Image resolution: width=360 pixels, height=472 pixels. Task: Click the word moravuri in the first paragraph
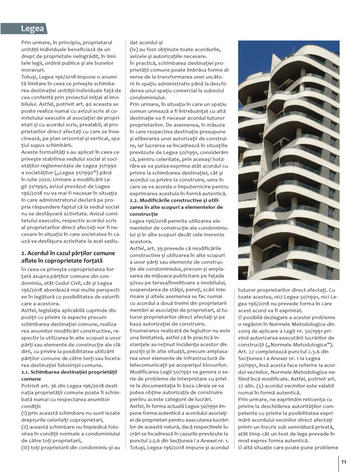[x=33, y=70]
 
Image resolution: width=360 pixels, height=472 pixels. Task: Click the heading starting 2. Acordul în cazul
[x=67, y=253]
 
